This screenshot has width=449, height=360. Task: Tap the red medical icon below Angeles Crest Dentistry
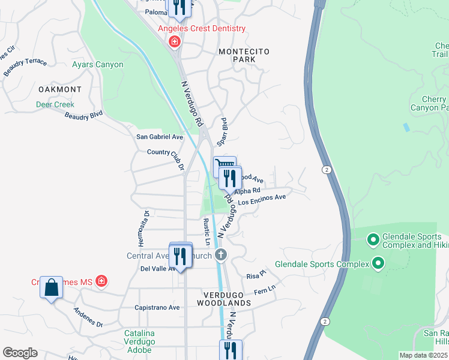point(175,41)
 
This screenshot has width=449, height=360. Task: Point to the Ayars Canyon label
point(97,65)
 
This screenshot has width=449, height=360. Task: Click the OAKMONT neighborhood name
point(59,89)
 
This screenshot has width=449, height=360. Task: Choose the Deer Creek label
point(55,104)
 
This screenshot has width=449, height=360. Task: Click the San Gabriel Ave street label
point(160,137)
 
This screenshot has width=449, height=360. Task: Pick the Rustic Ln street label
point(206,232)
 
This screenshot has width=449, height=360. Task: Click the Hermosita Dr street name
point(143,228)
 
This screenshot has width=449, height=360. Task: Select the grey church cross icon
point(221,255)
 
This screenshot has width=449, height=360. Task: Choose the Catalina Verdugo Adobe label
point(139,338)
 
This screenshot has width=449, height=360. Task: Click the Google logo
point(20,353)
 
